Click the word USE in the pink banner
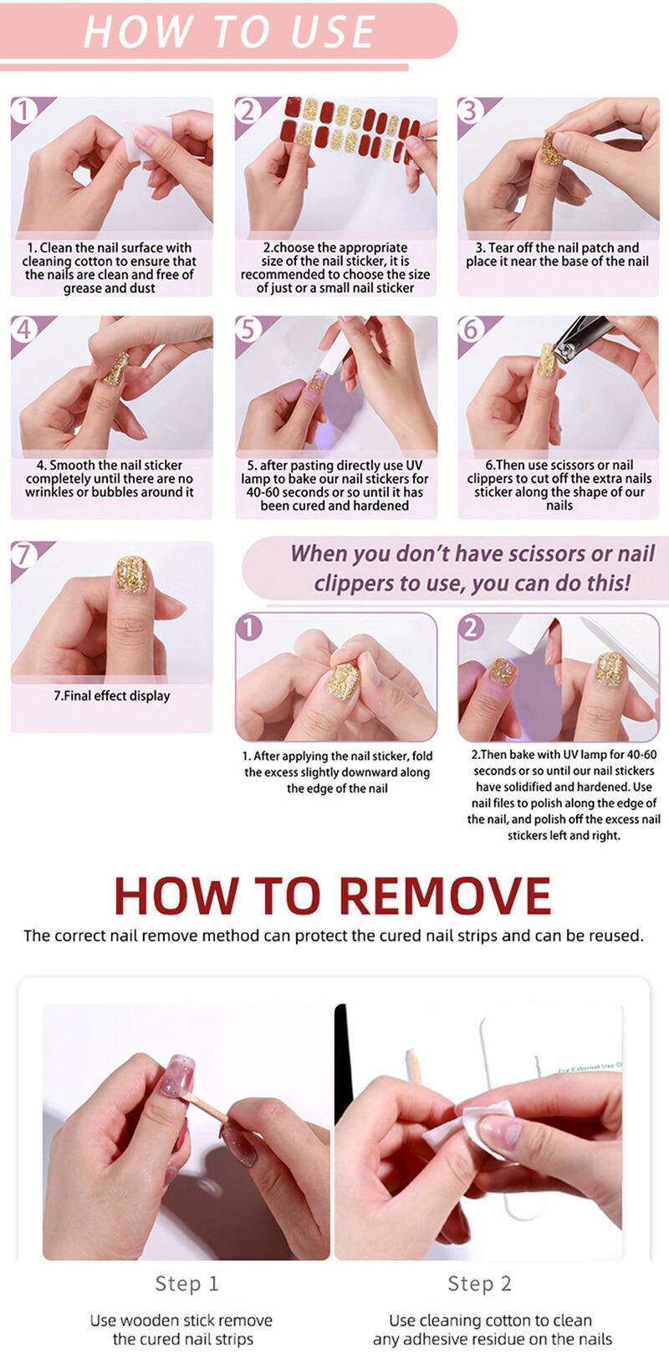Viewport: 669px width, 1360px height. [x=332, y=32]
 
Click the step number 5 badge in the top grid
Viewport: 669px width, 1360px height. [x=248, y=329]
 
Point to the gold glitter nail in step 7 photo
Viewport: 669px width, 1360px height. [x=133, y=573]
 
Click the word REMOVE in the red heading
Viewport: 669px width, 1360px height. [x=444, y=895]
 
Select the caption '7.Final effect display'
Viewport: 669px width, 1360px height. [x=112, y=695]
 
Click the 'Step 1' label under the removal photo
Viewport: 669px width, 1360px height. [x=186, y=1283]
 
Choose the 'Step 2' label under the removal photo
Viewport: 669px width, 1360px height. [x=479, y=1283]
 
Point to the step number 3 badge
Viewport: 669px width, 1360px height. [x=470, y=110]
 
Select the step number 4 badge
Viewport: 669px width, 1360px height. [x=24, y=329]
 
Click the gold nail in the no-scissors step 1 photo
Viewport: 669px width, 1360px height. [x=345, y=681]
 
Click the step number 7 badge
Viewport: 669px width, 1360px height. [x=24, y=554]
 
